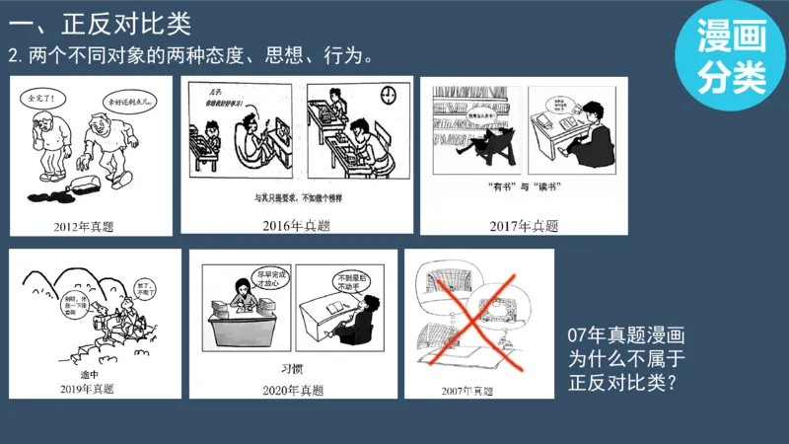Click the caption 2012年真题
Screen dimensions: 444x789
tap(84, 226)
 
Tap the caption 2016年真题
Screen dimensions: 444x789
tap(296, 226)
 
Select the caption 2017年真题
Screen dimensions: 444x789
tap(524, 226)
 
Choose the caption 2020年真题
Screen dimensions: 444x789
tap(293, 390)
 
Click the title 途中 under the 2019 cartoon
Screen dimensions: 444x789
tap(90, 375)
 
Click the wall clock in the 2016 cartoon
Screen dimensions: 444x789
tap(389, 94)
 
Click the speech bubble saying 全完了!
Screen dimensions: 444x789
tap(42, 99)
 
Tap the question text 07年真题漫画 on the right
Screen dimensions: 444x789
tap(625, 334)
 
